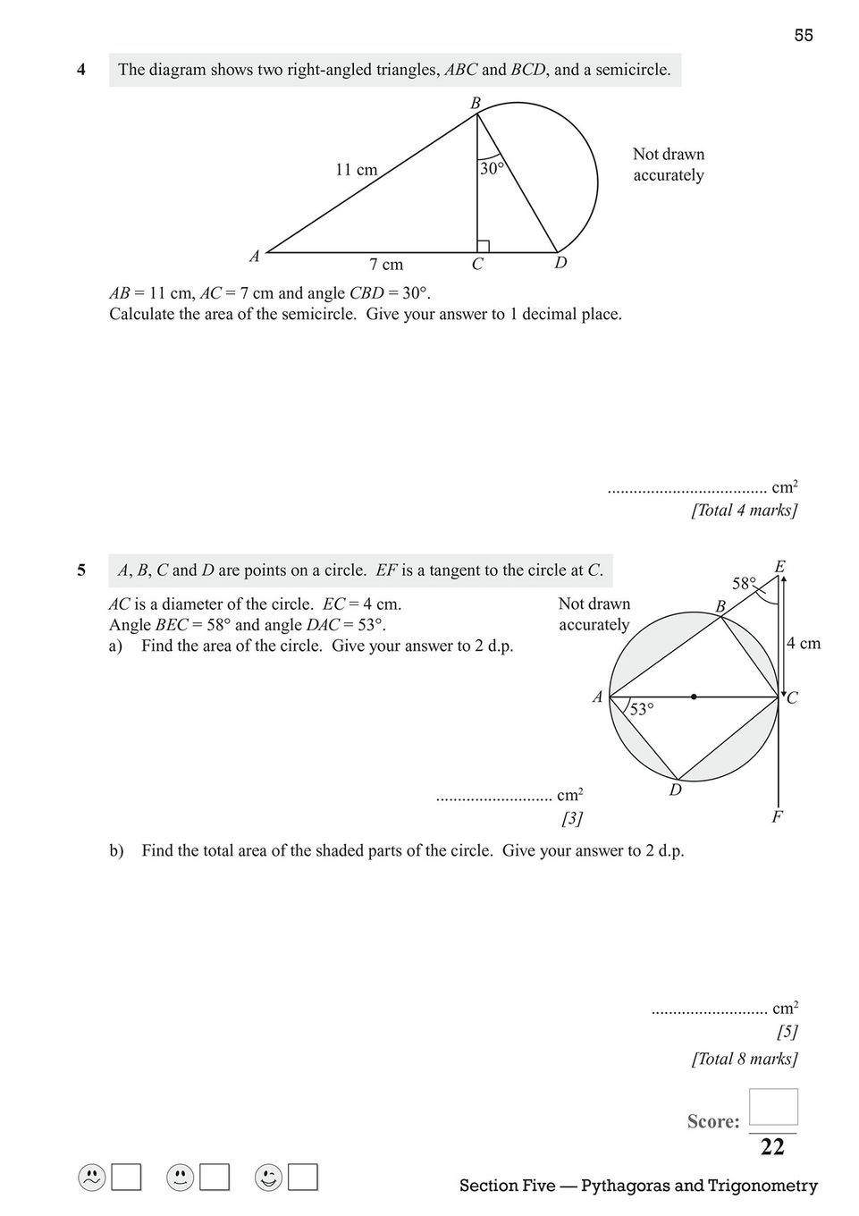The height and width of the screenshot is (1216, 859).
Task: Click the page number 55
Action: coord(803,36)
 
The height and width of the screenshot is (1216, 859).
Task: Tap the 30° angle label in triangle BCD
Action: coord(492,168)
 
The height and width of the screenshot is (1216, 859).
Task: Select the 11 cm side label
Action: coord(356,169)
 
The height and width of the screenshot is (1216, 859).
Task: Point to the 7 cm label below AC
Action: coord(386,265)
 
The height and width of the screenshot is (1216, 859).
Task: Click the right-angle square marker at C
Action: coord(483,246)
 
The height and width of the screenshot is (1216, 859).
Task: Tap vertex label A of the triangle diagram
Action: coord(255,257)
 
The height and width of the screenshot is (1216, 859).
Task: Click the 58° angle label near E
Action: coord(744,584)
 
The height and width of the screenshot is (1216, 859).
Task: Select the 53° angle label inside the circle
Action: coord(641,710)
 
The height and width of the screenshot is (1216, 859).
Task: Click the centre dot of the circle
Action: coord(694,697)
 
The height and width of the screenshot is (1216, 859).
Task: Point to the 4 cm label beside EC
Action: coord(803,644)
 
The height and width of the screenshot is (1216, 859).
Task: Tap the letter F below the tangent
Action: coord(777,816)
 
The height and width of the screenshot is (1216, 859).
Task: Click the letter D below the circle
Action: coord(676,790)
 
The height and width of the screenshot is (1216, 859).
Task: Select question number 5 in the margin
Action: coord(81,570)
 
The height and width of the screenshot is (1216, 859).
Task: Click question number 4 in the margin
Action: coord(81,69)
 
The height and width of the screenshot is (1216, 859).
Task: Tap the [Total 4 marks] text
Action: coord(744,511)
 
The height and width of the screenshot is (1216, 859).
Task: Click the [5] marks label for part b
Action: coord(787,1032)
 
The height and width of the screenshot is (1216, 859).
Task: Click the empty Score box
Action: coord(773,1107)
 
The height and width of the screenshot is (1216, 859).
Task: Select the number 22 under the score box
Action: coord(772,1147)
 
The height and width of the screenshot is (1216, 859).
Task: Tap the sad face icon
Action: coord(91,1178)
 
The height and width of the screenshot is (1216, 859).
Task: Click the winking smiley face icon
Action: coord(267,1178)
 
